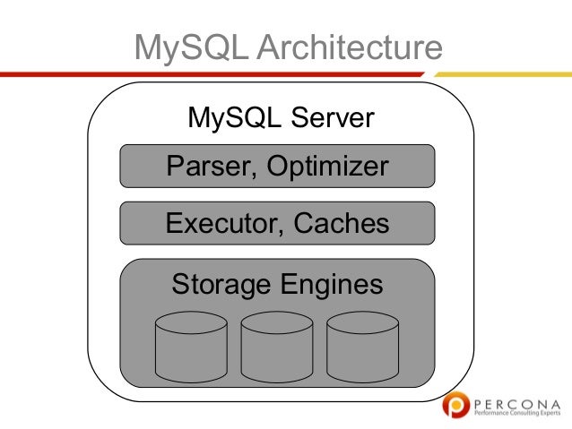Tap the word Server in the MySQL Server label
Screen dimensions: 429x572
click(331, 118)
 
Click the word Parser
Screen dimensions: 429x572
click(204, 167)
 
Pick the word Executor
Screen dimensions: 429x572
click(220, 223)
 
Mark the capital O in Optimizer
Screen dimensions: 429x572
click(269, 167)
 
